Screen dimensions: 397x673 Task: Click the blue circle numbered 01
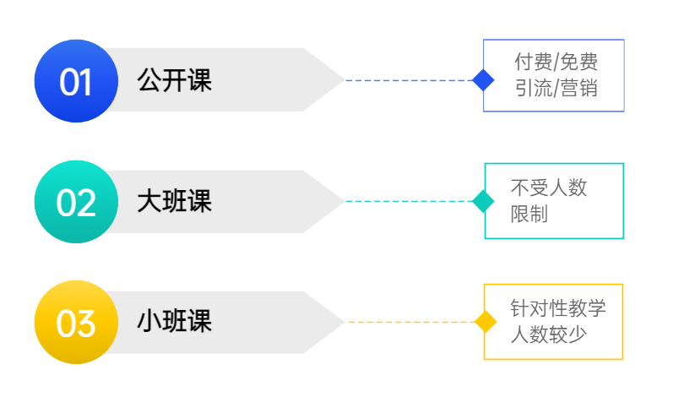pos(75,81)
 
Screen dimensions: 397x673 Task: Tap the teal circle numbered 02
pos(75,202)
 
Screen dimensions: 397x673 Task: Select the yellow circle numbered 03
pos(75,323)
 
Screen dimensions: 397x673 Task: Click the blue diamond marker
pos(483,80)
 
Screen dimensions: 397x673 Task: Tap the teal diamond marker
pos(483,201)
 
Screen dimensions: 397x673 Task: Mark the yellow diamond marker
pos(484,322)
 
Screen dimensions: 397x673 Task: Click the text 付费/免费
pos(556,63)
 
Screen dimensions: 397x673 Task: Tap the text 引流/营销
pos(556,88)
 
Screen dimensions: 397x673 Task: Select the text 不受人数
pos(548,188)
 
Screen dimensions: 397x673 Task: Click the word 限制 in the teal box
pos(529,214)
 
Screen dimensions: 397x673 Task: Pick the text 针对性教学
pos(557,308)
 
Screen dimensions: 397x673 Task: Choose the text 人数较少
pos(548,334)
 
